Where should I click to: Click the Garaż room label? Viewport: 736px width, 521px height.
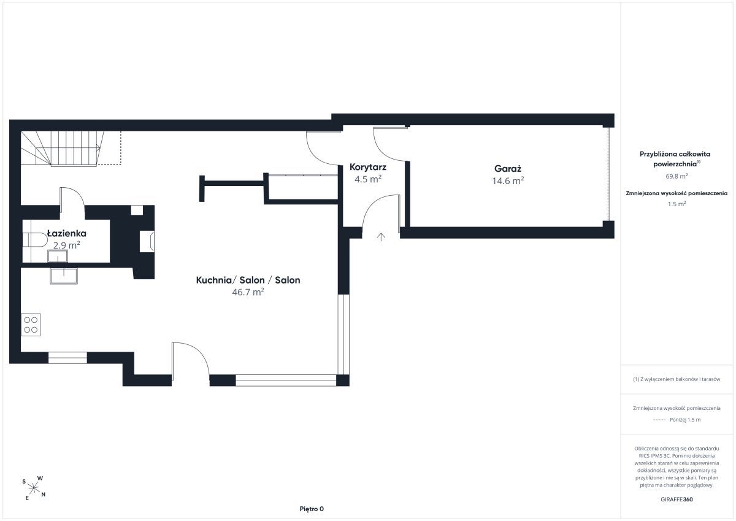point(508,169)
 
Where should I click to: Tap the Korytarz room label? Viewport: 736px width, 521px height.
point(367,167)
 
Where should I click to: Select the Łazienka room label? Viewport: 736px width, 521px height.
point(66,233)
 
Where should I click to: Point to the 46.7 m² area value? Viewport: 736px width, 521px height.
point(248,292)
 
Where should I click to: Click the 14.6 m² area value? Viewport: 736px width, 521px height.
point(508,181)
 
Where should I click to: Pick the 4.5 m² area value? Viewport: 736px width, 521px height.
point(368,179)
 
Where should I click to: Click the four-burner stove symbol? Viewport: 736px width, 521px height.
point(31,325)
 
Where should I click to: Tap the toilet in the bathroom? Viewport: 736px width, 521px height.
point(35,239)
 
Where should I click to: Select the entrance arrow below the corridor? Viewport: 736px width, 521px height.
point(381,237)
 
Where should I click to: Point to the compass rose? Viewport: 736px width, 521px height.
point(34,488)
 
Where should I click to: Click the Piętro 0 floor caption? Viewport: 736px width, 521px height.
point(312,509)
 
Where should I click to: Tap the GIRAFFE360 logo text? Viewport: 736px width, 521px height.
point(677,500)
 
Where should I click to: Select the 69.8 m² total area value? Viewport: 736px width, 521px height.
point(677,176)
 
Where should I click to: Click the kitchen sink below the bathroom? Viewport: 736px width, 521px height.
point(64,276)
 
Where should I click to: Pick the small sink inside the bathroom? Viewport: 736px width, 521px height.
point(58,256)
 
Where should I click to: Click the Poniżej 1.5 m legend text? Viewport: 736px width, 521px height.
point(685,420)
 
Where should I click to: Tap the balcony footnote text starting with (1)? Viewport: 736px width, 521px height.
point(677,379)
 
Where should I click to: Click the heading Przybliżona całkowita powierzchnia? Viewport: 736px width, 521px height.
point(675,159)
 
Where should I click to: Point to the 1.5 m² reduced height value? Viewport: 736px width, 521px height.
point(677,204)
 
